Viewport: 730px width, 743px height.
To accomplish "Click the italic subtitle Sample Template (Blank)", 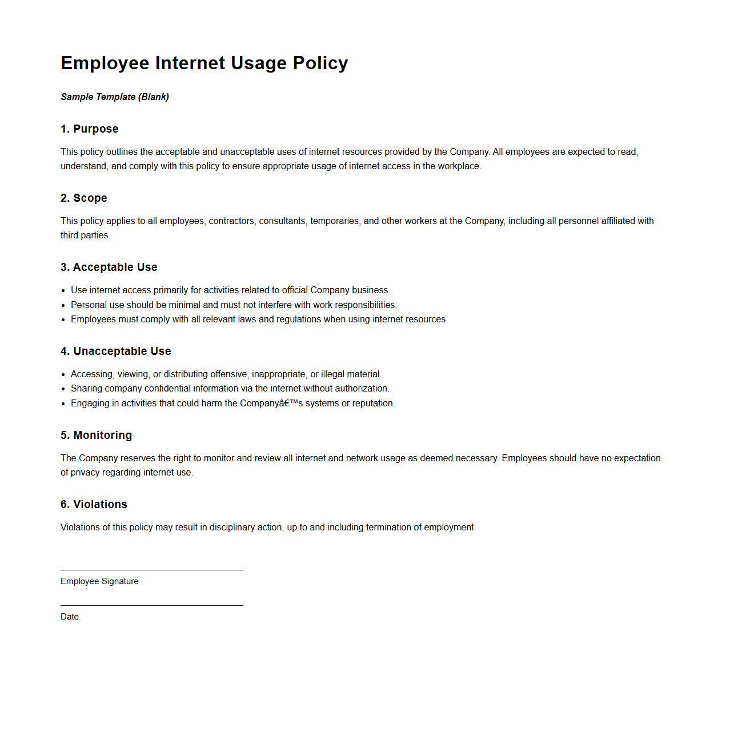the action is click(115, 97).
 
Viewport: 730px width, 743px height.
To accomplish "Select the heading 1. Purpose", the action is click(90, 129).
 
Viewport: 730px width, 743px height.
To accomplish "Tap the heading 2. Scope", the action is click(84, 198).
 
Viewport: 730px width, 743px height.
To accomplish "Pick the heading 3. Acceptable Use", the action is click(109, 267).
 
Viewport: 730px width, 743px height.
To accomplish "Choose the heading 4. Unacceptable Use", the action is click(116, 351).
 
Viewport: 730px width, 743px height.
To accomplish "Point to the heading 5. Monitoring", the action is click(96, 436).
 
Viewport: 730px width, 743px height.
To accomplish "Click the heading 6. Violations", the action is click(94, 505).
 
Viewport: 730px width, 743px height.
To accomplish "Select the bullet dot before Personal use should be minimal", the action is click(63, 305).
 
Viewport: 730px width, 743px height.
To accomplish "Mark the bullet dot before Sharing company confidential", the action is click(63, 389).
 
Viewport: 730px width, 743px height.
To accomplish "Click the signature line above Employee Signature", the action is click(152, 570).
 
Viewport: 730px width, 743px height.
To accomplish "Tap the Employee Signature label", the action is click(99, 581).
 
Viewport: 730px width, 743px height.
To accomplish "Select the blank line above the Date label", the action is click(152, 605).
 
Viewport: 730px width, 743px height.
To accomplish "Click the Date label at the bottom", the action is click(70, 617).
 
